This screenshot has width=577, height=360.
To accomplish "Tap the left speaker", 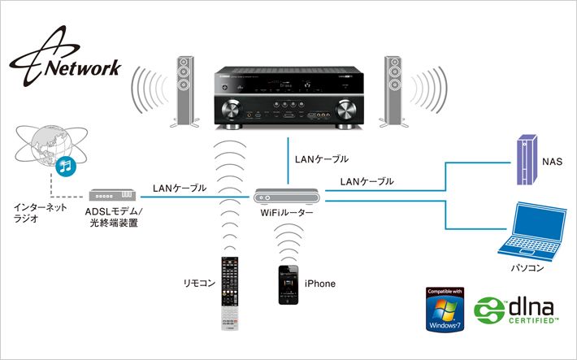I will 184,90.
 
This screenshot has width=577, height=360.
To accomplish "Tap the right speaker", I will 393,90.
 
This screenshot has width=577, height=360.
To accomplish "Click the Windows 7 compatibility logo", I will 445,310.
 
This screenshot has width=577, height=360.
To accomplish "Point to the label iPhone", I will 319,284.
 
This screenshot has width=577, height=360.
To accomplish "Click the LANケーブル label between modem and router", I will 179,188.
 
